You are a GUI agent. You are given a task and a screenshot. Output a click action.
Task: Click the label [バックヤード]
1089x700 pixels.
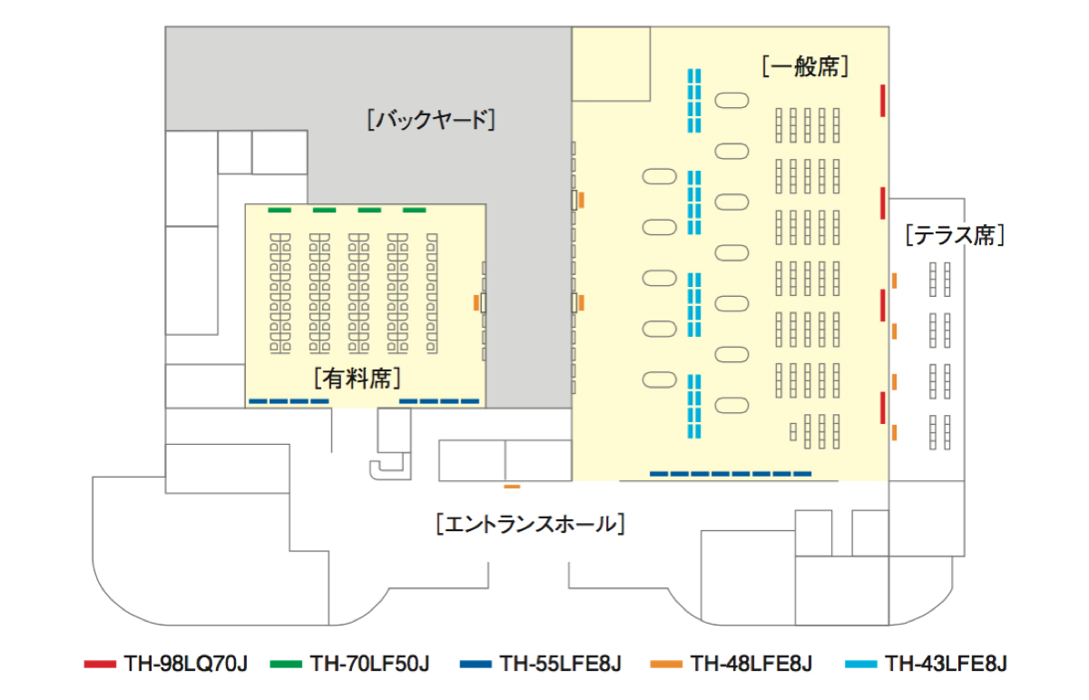(431, 120)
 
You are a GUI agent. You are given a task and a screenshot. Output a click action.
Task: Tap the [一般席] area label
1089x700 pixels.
(805, 66)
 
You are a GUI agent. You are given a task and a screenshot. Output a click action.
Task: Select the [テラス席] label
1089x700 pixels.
(955, 236)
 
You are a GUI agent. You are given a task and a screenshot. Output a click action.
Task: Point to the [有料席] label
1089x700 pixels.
(358, 377)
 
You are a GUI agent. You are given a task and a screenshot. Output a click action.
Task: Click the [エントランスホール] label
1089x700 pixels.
(530, 524)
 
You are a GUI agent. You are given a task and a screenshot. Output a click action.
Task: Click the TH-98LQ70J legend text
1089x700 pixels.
(184, 664)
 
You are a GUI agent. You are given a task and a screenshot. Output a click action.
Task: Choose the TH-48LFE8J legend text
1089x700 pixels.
(751, 664)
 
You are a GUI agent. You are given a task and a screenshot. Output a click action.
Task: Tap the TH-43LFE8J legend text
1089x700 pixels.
(947, 664)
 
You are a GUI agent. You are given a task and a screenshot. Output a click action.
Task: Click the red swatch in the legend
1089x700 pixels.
(100, 665)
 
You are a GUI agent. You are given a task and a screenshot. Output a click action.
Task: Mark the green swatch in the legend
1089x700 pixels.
(286, 665)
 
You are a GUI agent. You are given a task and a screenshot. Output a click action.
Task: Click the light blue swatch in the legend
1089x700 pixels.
(861, 665)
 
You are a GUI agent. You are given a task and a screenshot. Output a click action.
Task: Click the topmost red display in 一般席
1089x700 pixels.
(882, 100)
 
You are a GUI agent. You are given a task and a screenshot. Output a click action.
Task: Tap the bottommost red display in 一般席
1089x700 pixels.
(882, 408)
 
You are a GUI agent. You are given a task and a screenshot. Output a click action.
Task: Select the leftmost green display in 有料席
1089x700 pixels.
(280, 211)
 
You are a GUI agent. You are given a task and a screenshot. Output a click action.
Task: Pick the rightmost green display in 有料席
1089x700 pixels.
(414, 211)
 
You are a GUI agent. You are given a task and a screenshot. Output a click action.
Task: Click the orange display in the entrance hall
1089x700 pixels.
(512, 488)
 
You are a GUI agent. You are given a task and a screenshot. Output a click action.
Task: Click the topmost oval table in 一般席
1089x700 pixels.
(731, 100)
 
